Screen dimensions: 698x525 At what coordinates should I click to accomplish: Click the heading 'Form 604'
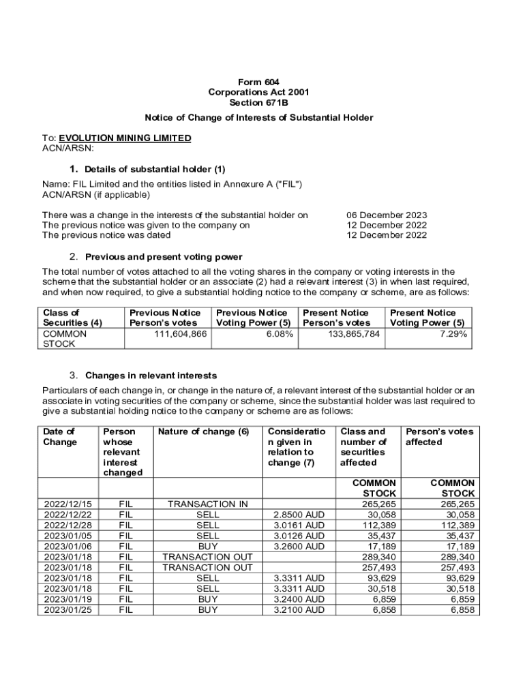[x=262, y=82]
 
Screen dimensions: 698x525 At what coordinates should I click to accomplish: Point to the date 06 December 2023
[x=387, y=215]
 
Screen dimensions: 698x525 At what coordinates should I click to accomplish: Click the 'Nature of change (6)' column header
[x=203, y=431]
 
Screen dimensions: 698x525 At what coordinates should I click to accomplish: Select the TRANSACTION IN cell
[x=207, y=504]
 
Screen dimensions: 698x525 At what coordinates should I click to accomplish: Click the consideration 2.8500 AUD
[x=299, y=515]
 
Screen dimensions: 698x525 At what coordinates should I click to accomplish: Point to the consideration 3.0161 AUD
[x=299, y=525]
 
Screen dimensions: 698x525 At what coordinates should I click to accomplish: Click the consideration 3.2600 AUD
[x=299, y=546]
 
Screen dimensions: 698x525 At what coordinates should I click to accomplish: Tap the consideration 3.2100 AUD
[x=299, y=609]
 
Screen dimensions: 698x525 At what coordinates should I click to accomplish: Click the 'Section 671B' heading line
[x=262, y=103]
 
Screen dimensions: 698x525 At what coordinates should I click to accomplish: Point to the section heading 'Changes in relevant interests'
[x=151, y=376]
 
